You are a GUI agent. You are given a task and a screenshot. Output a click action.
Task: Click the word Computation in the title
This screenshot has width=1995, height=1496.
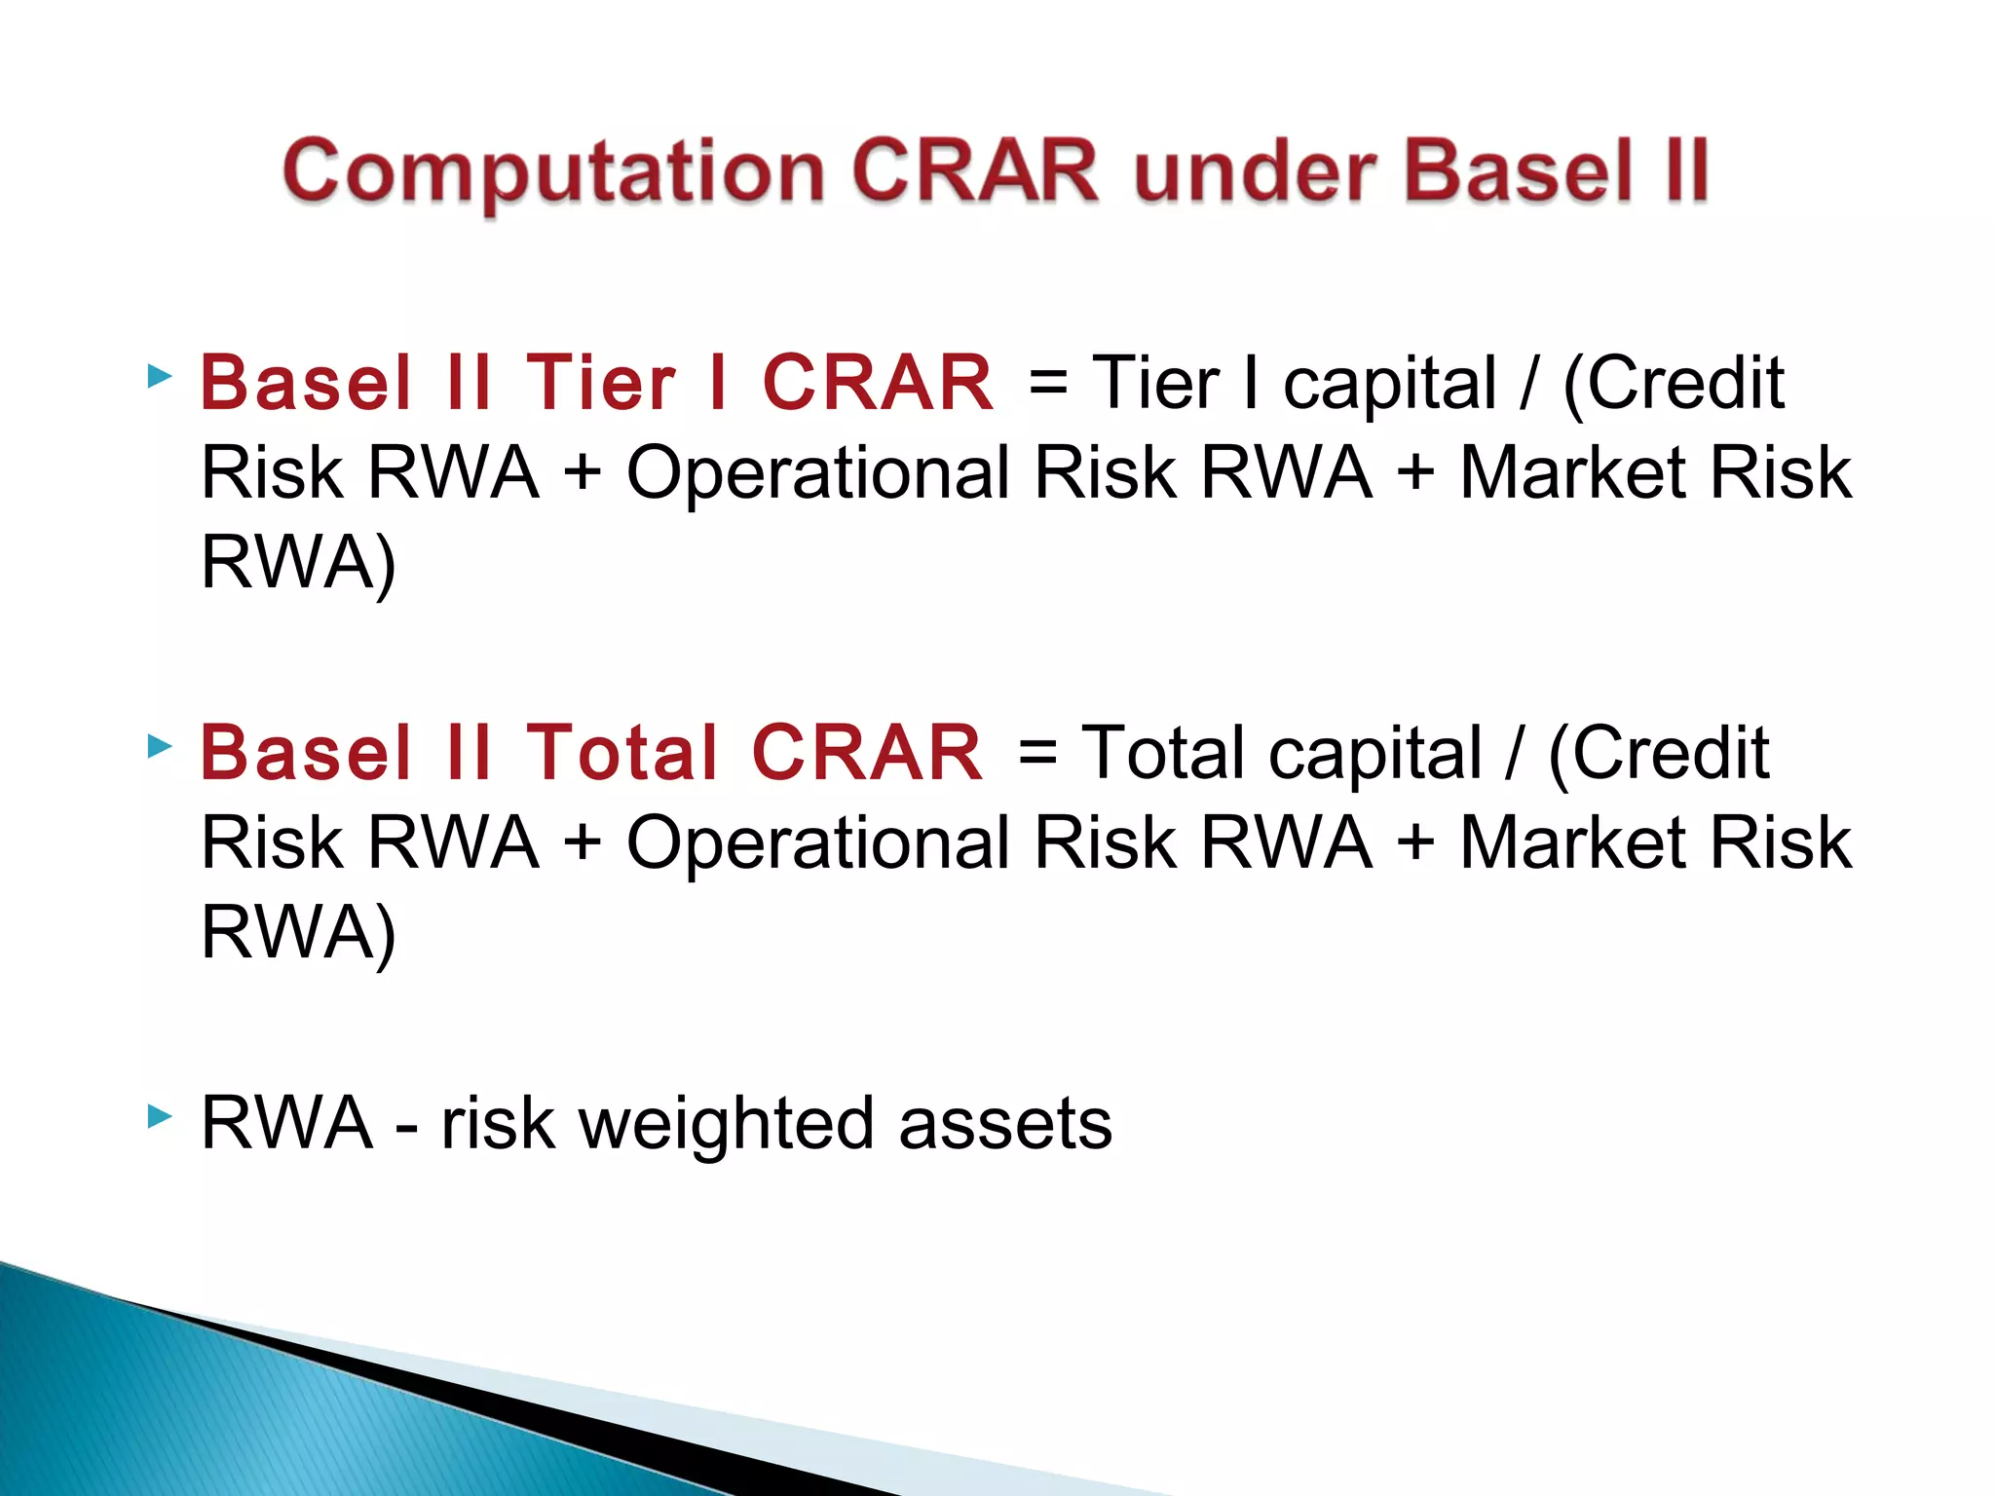(554, 173)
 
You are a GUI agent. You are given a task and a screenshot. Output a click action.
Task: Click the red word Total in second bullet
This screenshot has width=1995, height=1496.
(621, 753)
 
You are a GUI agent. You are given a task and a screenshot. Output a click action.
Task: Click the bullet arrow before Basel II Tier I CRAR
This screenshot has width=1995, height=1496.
(160, 376)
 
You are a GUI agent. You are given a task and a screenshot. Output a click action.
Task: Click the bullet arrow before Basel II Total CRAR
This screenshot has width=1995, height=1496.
(160, 747)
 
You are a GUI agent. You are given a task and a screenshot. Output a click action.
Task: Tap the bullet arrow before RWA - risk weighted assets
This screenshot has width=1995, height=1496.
(160, 1116)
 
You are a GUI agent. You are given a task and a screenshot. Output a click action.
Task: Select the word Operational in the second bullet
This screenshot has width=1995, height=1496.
(818, 843)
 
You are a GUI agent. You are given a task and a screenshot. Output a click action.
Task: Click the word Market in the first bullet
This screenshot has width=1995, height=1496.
(1571, 473)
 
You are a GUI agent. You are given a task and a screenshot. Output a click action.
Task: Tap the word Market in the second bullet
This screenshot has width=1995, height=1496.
(1571, 842)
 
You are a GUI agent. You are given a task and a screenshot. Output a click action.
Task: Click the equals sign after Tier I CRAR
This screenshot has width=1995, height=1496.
(1047, 383)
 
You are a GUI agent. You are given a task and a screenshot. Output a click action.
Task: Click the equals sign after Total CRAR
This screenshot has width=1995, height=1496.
(1036, 753)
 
